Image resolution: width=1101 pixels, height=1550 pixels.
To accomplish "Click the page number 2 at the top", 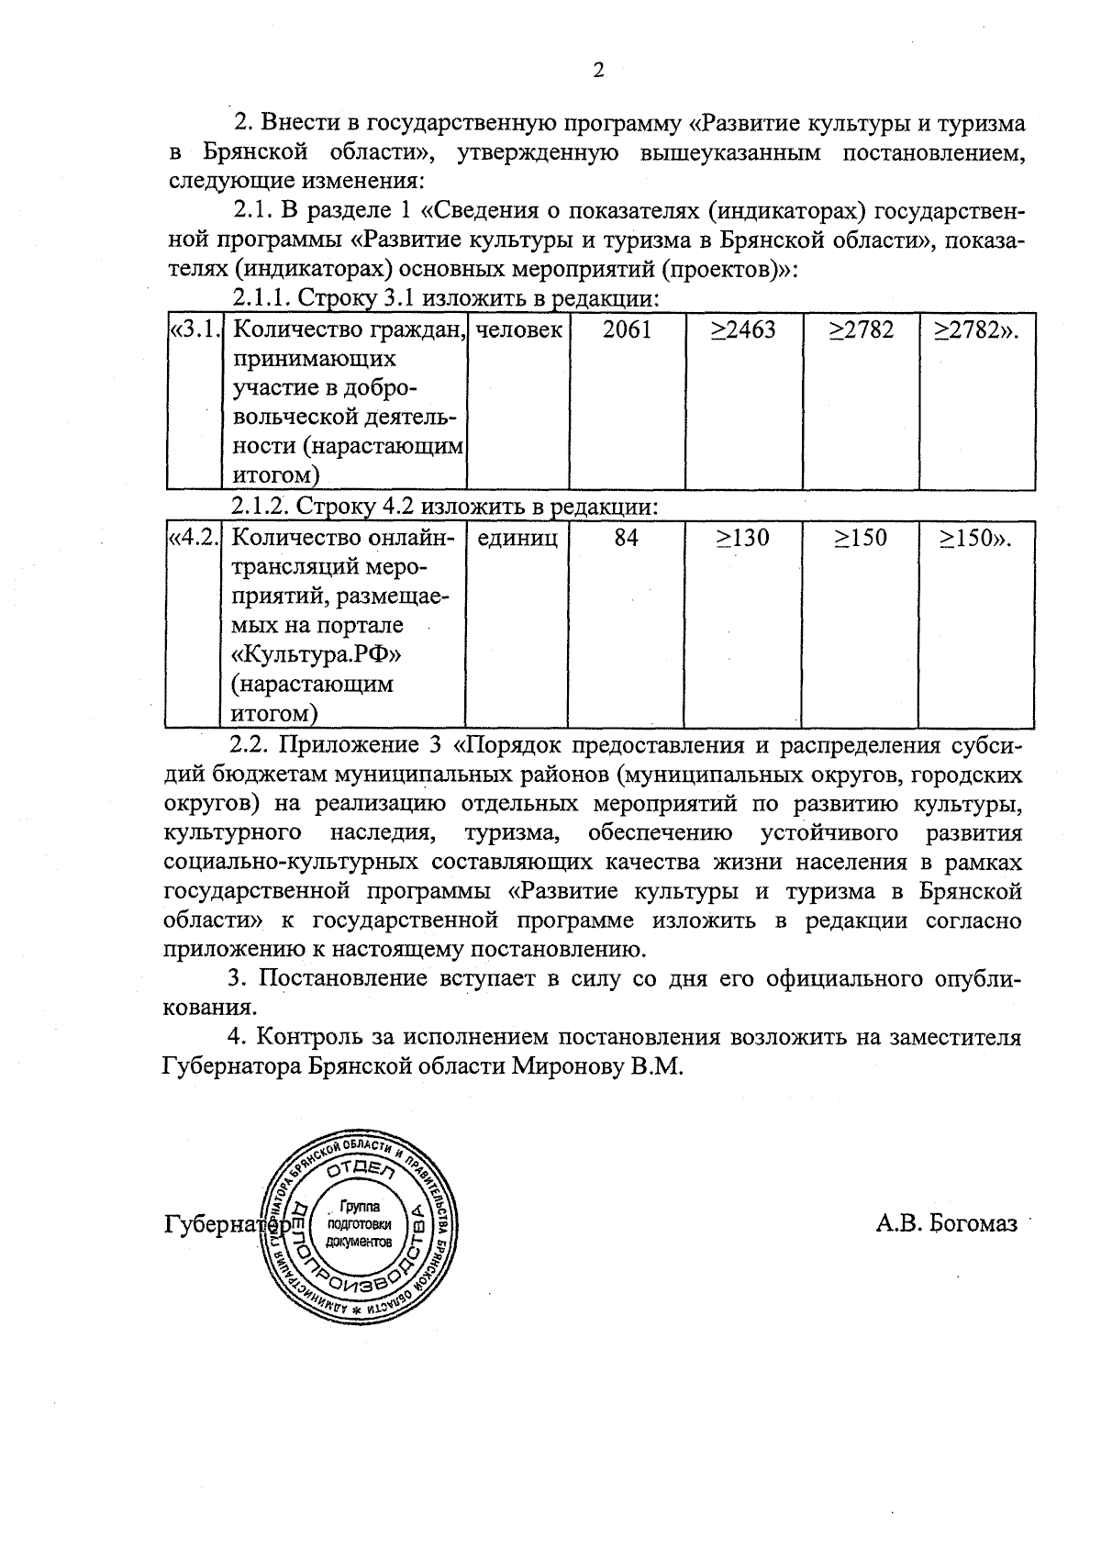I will [x=598, y=71].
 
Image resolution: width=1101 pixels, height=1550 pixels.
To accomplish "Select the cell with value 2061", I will [x=628, y=330].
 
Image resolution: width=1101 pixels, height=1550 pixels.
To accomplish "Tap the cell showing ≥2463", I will [x=743, y=330].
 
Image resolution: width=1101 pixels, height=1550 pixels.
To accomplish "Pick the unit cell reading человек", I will [x=518, y=330].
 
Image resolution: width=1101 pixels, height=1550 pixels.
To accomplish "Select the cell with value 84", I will [x=627, y=538].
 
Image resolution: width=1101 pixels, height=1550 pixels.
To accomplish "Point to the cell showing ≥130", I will [x=743, y=538].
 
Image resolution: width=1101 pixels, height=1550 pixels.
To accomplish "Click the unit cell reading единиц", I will [x=517, y=538].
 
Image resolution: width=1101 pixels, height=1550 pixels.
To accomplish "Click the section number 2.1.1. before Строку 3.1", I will [x=261, y=299].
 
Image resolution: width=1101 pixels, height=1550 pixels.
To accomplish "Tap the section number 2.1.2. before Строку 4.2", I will [x=261, y=507].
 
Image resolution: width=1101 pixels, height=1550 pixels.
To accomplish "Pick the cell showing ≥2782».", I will [x=976, y=330].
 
